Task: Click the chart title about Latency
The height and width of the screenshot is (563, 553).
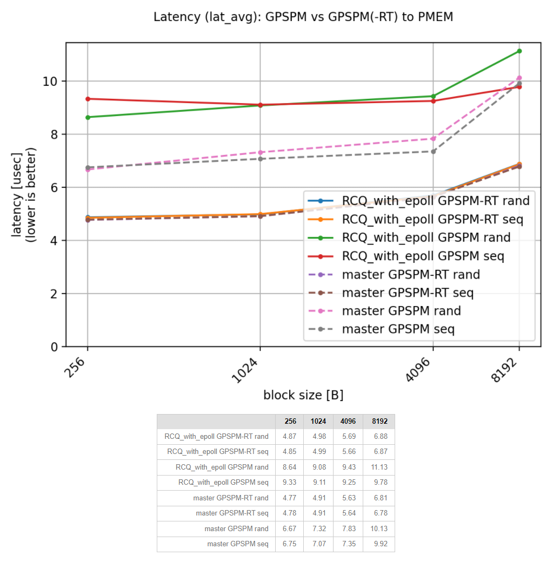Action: (x=303, y=17)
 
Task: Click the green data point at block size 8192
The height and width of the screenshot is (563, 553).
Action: (x=519, y=51)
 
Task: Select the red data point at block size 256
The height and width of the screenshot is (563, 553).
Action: (x=88, y=99)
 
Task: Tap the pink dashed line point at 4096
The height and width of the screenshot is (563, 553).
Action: (x=433, y=139)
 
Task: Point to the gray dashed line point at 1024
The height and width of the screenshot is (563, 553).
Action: (x=260, y=159)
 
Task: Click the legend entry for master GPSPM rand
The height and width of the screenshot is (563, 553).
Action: (x=401, y=311)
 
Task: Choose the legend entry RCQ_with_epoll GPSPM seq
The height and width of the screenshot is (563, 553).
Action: (x=423, y=256)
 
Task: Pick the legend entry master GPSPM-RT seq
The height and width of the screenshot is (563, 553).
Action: (x=408, y=293)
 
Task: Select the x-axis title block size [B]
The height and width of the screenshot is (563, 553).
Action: (x=303, y=395)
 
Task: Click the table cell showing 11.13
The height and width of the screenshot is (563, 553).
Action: (x=379, y=467)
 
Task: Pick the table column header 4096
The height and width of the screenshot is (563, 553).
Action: (x=349, y=421)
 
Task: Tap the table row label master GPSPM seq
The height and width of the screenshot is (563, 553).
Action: (x=237, y=544)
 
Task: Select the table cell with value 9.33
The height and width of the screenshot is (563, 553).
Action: (x=290, y=482)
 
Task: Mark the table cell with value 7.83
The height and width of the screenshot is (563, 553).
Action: (x=349, y=528)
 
